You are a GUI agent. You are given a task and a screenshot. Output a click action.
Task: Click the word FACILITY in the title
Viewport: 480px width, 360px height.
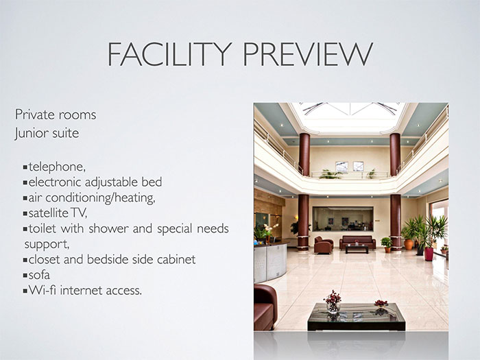(169, 54)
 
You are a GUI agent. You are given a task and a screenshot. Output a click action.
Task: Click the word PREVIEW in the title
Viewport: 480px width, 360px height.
(308, 54)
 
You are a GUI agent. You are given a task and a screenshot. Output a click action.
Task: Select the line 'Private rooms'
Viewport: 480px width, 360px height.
(56, 115)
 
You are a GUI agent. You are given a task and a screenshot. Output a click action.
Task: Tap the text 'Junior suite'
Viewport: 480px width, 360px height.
(47, 133)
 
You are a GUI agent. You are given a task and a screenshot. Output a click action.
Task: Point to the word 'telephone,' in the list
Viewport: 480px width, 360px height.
(57, 167)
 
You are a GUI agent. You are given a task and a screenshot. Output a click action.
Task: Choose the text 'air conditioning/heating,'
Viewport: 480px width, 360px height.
(92, 198)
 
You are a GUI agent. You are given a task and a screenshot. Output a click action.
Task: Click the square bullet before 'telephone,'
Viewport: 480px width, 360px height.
(25, 167)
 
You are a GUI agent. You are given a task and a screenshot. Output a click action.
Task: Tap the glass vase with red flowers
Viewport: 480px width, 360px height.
(333, 302)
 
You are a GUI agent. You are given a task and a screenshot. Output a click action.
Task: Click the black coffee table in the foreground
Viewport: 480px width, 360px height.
(357, 317)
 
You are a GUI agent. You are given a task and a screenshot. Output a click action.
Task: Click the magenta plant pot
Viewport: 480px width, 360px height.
(429, 254)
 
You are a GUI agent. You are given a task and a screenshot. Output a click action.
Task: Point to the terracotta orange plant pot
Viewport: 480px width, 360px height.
(409, 244)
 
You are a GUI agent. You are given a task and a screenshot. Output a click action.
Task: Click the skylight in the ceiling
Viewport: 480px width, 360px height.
(349, 117)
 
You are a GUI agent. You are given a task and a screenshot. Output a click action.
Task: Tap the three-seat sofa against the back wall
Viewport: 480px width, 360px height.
(357, 242)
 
